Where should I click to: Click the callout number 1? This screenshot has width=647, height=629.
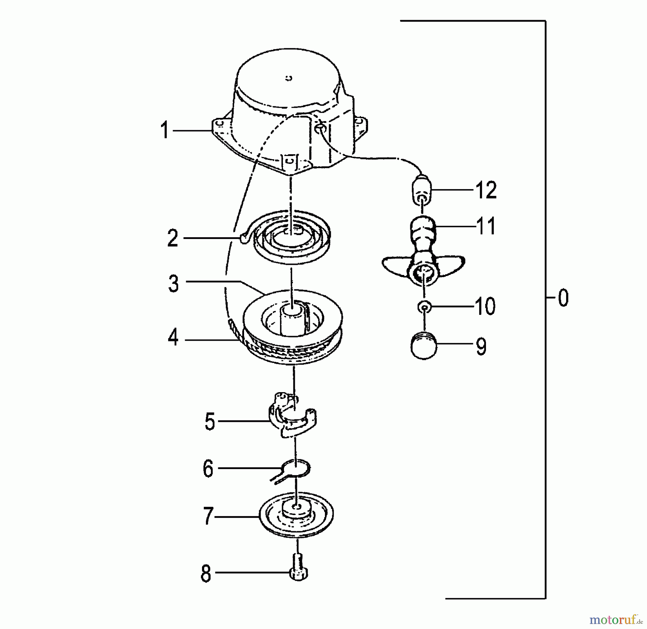pos(165,130)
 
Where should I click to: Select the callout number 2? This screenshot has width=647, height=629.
pos(173,238)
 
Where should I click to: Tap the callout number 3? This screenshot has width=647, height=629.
pos(174,284)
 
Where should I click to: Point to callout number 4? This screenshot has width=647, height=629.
pos(173,338)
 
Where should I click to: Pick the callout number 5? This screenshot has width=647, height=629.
pos(210,421)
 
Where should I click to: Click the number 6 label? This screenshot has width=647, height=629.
pos(208,469)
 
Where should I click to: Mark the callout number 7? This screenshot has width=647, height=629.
pos(208,516)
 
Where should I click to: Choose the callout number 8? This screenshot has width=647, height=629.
pos(206,574)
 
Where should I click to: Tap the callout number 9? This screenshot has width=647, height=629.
pos(481,346)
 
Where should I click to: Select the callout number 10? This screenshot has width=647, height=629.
pos(485,306)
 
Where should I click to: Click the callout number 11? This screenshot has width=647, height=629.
pos(486,226)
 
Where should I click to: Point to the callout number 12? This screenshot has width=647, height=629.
pos(486,190)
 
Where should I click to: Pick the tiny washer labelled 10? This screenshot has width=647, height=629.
pos(425,307)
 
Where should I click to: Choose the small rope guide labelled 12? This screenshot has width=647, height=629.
pos(421,189)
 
